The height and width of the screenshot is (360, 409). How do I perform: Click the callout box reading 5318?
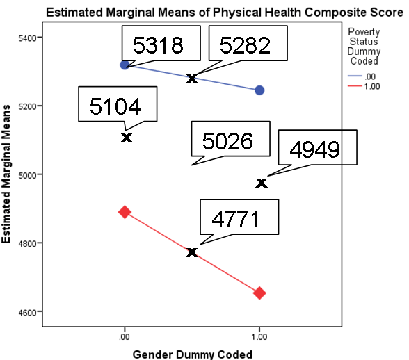pos(159,45)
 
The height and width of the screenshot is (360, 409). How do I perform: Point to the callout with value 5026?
pos(227,141)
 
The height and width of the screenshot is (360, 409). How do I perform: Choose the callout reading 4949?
pos(314,149)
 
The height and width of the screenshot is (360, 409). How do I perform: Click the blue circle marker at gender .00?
pos(125,65)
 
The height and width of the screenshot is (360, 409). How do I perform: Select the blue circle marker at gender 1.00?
pos(260,90)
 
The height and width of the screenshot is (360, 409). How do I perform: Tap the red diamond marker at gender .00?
pos(125,211)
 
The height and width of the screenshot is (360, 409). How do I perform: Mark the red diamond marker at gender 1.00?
pos(260,293)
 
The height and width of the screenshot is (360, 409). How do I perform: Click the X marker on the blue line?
pos(192,79)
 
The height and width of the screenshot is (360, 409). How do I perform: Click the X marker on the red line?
pos(192,252)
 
